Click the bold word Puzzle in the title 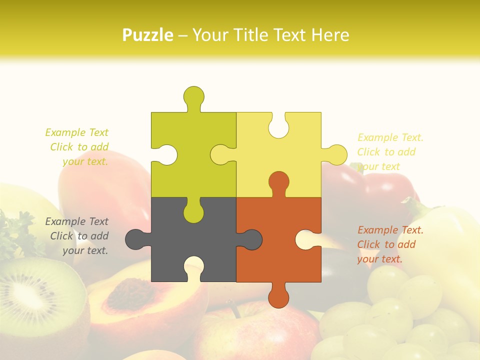[x=147, y=35]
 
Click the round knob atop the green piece [x=194, y=96]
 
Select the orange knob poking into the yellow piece [x=278, y=182]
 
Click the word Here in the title [x=330, y=35]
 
